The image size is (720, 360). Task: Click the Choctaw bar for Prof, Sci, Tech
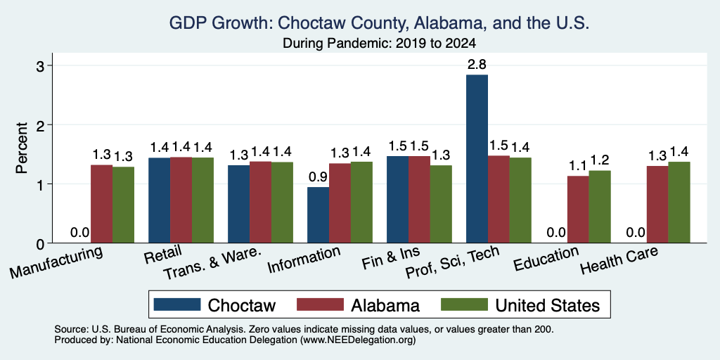(x=477, y=159)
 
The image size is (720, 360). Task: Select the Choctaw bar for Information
(x=319, y=215)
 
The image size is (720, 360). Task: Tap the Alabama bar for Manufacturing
(x=101, y=204)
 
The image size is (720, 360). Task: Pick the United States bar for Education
(x=600, y=207)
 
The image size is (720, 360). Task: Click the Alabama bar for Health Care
(x=657, y=205)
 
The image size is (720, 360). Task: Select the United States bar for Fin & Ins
(x=441, y=204)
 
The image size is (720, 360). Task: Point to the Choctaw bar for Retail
(x=160, y=200)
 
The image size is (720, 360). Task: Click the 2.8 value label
(x=477, y=65)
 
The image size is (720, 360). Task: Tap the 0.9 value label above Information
(x=319, y=177)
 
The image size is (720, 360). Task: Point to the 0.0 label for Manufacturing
(x=80, y=233)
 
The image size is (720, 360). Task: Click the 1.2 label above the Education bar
(x=600, y=161)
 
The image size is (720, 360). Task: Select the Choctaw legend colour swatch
(x=177, y=304)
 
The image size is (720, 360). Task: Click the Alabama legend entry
(x=358, y=305)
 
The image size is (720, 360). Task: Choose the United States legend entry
(x=520, y=305)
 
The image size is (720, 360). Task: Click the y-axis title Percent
(x=22, y=148)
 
